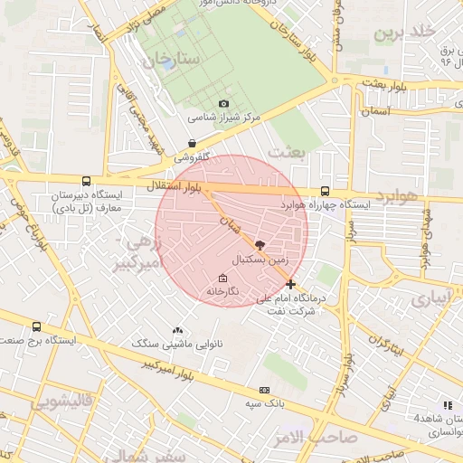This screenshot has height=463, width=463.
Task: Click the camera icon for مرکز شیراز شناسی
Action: coord(224,105)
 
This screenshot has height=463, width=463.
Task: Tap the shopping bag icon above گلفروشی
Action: coord(192,143)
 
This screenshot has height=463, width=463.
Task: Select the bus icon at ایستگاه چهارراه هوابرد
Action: coord(325,191)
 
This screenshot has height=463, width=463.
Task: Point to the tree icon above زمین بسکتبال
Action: coord(261,244)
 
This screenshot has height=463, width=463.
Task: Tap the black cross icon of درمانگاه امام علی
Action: coord(290,284)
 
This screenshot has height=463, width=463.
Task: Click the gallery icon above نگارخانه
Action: coord(223,278)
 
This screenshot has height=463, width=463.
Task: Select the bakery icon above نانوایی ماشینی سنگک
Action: coord(177,330)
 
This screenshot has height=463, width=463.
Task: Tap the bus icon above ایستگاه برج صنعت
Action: coord(36,326)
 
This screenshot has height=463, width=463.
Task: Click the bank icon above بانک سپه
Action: coord(263,391)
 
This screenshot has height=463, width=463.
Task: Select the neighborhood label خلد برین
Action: coord(405,33)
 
